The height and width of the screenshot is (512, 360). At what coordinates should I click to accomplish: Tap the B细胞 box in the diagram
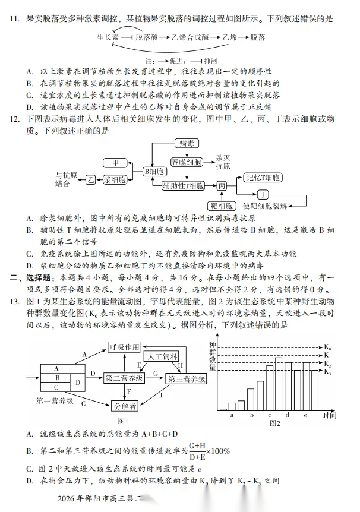pyautogui.click(x=154, y=172)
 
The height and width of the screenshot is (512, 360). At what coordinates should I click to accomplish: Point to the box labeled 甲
pyautogui.click(x=115, y=162)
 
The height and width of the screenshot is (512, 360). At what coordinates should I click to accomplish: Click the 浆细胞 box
pyautogui.click(x=115, y=179)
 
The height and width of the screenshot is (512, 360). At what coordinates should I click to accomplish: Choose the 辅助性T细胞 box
pyautogui.click(x=183, y=186)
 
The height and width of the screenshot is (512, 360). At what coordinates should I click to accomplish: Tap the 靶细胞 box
pyautogui.click(x=222, y=206)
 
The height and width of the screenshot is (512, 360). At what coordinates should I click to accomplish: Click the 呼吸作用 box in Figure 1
pyautogui.click(x=124, y=347)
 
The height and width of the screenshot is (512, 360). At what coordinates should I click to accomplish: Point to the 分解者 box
pyautogui.click(x=125, y=406)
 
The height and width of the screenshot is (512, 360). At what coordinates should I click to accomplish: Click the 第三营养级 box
pyautogui.click(x=187, y=378)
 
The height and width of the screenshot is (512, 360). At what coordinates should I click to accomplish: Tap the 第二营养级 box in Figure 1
pyautogui.click(x=124, y=378)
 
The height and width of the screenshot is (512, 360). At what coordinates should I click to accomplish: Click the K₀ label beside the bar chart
pyautogui.click(x=327, y=347)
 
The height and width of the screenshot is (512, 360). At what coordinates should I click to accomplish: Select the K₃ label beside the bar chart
pyautogui.click(x=327, y=372)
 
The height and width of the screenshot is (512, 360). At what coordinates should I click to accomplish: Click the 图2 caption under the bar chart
pyautogui.click(x=274, y=423)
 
